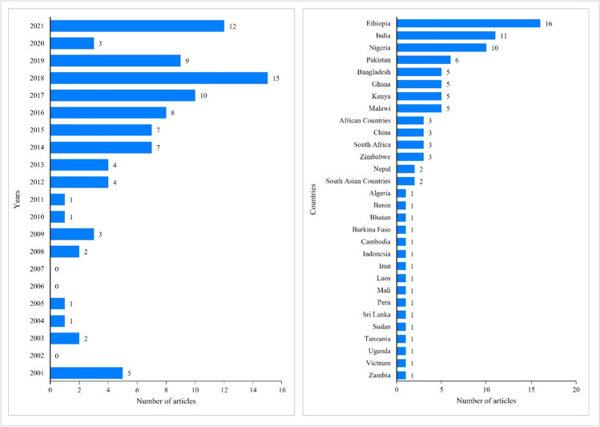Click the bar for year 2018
point(159,78)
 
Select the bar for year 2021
point(137,26)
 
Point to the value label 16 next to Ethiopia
point(549,24)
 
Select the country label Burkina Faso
point(371,229)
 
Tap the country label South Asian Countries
point(358,181)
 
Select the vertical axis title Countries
point(313,198)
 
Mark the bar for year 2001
point(86,372)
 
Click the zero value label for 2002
point(57,355)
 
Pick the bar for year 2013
point(79,164)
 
